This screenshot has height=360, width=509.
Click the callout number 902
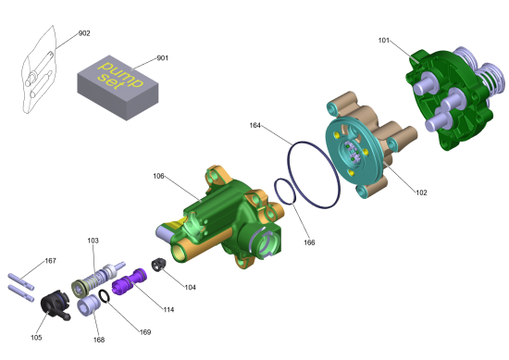pyautogui.click(x=84, y=33)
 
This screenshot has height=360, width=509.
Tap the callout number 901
pyautogui.click(x=163, y=58)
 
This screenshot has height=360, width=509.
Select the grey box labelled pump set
pyautogui.click(x=118, y=88)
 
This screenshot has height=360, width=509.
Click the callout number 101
pyautogui.click(x=384, y=40)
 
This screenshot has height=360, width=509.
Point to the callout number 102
pyautogui.click(x=421, y=192)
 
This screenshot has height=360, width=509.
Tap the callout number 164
pyautogui.click(x=255, y=125)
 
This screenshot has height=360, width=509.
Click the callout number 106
pyautogui.click(x=159, y=176)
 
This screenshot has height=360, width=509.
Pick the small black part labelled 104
pyautogui.click(x=159, y=265)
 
